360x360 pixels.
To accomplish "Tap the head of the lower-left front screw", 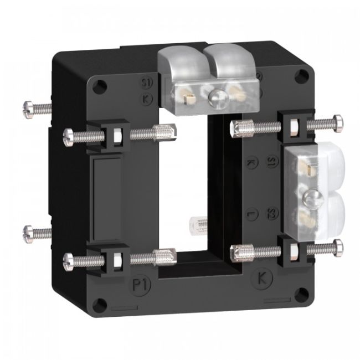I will click(70, 259).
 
